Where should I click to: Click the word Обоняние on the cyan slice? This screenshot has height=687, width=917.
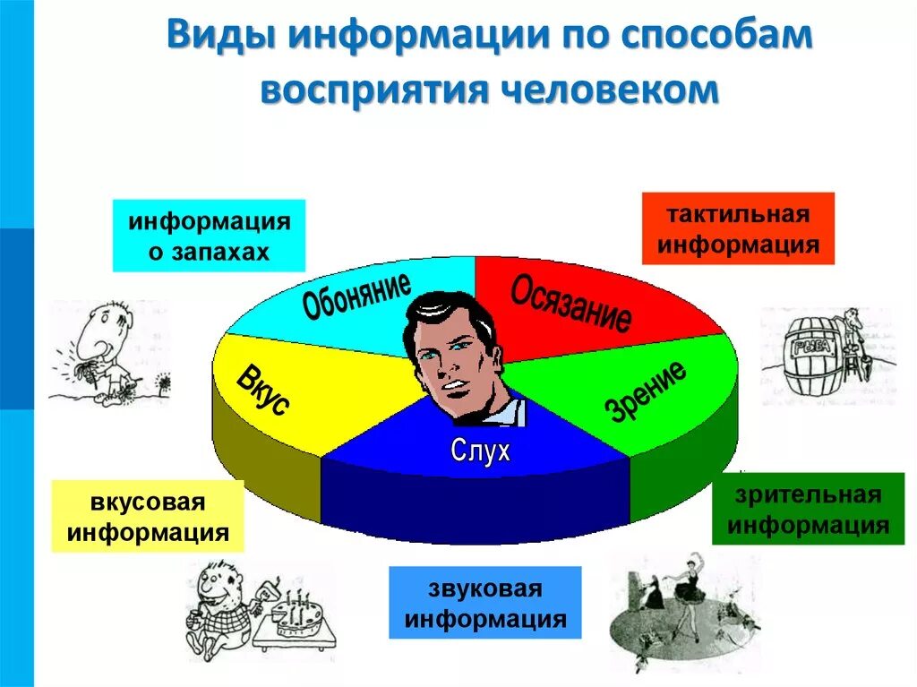[356, 296]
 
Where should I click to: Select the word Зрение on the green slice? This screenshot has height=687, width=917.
[647, 391]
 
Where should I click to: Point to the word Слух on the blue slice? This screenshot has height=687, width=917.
[480, 451]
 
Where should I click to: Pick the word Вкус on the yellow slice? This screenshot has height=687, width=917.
[262, 391]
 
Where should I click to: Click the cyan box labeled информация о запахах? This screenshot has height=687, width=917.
[209, 236]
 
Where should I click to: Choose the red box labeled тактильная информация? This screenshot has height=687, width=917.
[738, 228]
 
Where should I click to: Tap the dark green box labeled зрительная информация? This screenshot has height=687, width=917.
[808, 509]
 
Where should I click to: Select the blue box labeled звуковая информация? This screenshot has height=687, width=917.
[484, 602]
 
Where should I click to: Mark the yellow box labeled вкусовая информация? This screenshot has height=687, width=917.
[148, 516]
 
